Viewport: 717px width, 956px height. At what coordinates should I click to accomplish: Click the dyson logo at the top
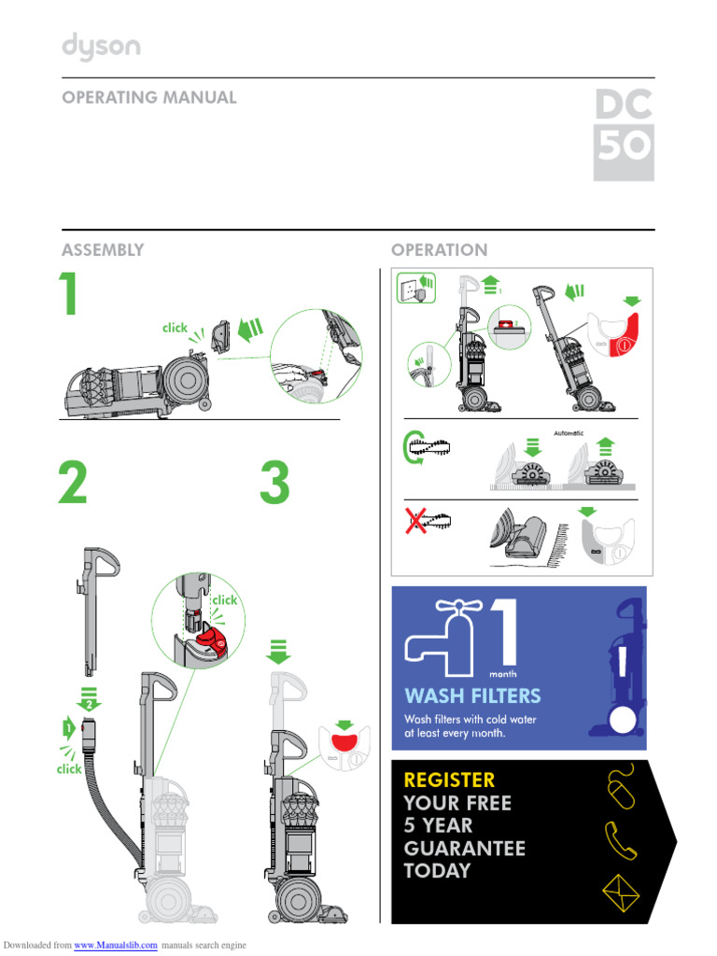click(x=101, y=47)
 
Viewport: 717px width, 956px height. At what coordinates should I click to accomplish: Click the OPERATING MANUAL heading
click(x=148, y=97)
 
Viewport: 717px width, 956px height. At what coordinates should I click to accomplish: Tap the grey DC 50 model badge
click(x=624, y=135)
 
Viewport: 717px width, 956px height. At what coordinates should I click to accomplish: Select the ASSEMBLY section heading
click(x=103, y=250)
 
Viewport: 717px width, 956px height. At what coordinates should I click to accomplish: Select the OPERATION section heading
click(x=439, y=250)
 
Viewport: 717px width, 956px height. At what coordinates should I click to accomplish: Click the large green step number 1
click(x=67, y=296)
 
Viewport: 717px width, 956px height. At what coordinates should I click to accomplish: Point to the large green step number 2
click(x=73, y=485)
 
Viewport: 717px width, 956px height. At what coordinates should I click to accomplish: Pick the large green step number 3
click(x=274, y=485)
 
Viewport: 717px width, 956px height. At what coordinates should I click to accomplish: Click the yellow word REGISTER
click(x=449, y=780)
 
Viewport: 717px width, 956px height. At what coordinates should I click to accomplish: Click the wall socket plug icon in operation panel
click(x=418, y=288)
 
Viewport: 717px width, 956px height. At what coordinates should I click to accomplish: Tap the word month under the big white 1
click(x=502, y=673)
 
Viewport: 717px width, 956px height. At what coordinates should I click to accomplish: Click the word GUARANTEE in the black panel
click(x=464, y=849)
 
